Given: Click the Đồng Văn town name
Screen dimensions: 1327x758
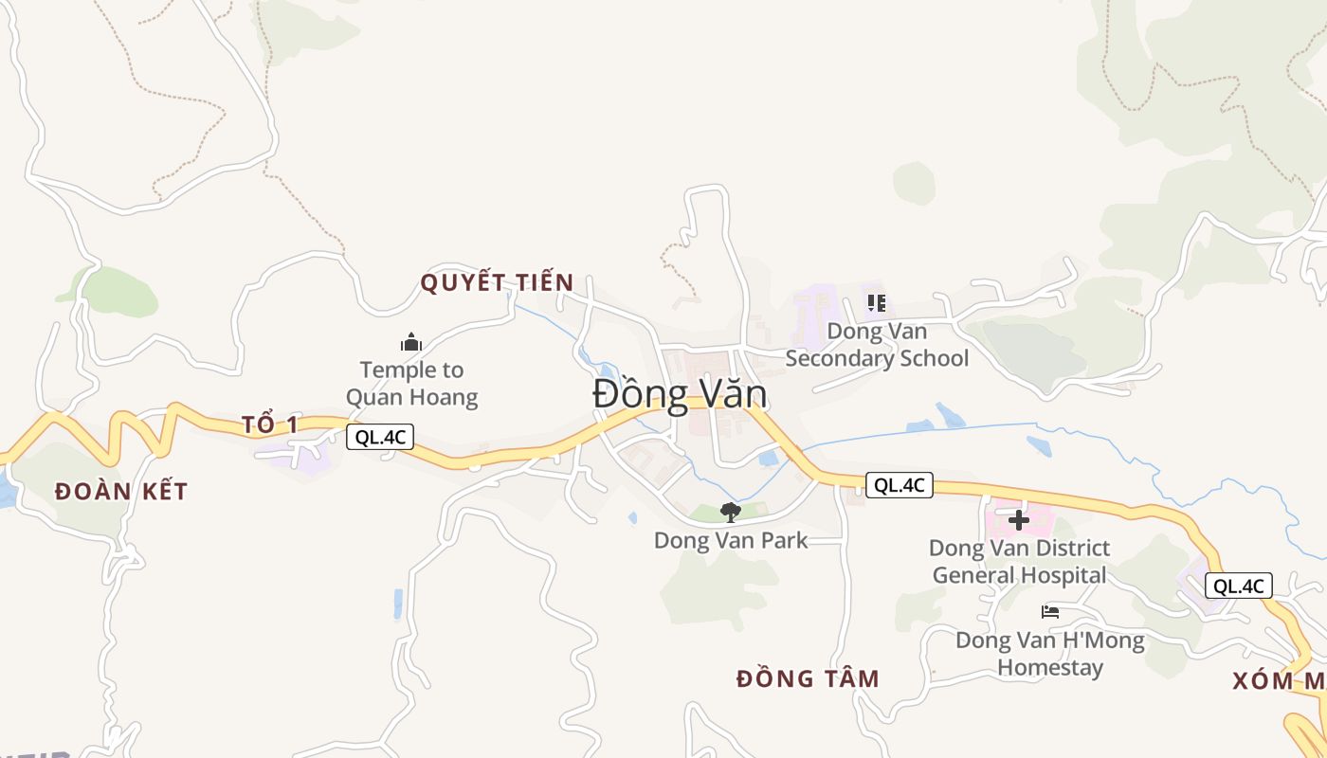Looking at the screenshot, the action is pos(680,394).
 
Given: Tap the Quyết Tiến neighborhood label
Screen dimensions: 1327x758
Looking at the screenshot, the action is pos(497,282).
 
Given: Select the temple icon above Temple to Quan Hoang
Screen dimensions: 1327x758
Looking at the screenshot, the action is pos(411,342).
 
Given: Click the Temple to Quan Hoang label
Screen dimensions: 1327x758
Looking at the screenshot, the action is pos(411,383).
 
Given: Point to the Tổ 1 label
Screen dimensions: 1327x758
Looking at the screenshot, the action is pos(270,424).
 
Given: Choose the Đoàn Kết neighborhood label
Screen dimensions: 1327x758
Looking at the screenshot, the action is pos(121,492).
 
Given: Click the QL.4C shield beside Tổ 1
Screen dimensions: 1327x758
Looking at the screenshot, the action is pos(380,437).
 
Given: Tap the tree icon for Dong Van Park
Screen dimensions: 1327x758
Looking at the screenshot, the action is pos(730,513).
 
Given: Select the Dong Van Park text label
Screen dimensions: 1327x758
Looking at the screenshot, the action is pos(731,540).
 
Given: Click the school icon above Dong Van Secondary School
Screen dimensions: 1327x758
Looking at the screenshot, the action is pos(877,303).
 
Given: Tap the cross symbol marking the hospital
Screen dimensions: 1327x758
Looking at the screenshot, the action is pos(1019,520).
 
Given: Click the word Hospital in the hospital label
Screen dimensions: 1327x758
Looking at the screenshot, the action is pos(1060,575).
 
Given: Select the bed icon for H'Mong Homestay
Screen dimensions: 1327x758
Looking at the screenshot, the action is pos(1049,612).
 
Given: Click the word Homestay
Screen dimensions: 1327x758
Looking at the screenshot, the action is pos(1050,667).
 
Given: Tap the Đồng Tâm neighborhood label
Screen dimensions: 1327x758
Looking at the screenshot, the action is pos(809,678).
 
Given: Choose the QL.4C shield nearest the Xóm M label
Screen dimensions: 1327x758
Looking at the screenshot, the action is pos(1239,586).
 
